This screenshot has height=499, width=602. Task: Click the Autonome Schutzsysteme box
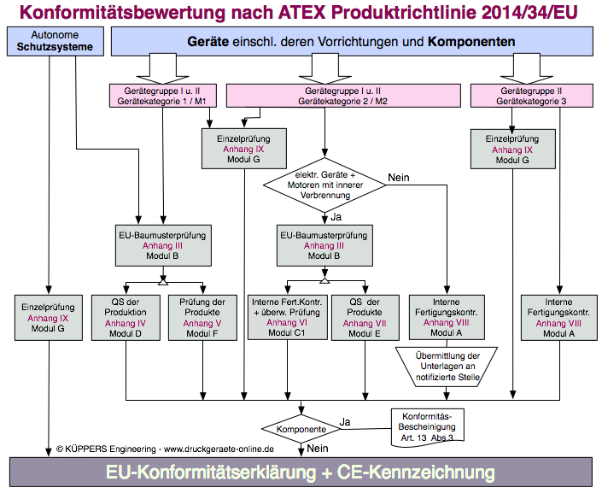tap(54, 41)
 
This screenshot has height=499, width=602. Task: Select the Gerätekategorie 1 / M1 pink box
tap(163, 95)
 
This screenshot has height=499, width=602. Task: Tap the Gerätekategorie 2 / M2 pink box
tap(342, 95)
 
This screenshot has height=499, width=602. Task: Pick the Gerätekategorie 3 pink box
tap(531, 95)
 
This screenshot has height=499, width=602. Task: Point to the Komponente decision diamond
tap(300, 429)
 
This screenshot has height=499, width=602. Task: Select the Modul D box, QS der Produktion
tap(126, 318)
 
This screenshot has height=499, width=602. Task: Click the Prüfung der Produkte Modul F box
tap(203, 318)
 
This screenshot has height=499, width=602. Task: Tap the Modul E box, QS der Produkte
tap(364, 318)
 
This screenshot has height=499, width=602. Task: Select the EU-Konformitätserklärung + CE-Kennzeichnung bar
tap(300, 473)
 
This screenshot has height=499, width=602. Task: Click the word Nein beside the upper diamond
tap(399, 178)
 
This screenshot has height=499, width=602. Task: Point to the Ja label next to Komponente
tap(345, 420)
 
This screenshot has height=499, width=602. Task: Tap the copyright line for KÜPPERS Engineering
tap(165, 448)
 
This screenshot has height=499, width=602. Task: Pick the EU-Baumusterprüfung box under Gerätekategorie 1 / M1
tap(163, 244)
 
